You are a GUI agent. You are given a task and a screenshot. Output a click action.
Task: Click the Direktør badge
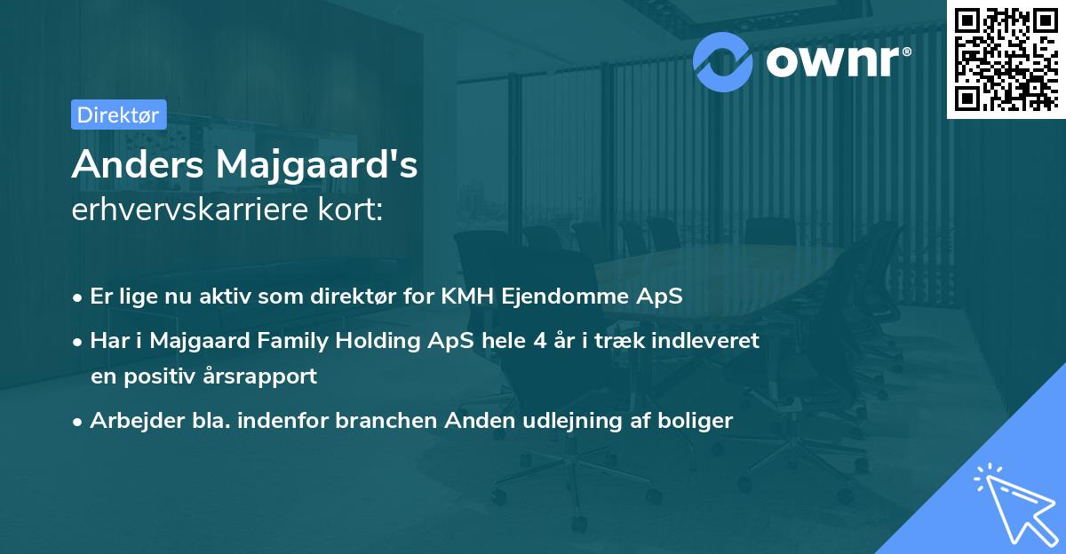118,115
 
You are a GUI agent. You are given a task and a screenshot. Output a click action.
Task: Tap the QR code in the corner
1006,59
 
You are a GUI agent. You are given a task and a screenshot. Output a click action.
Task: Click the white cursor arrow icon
1014,503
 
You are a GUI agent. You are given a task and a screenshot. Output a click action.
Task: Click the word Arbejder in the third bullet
130,421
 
